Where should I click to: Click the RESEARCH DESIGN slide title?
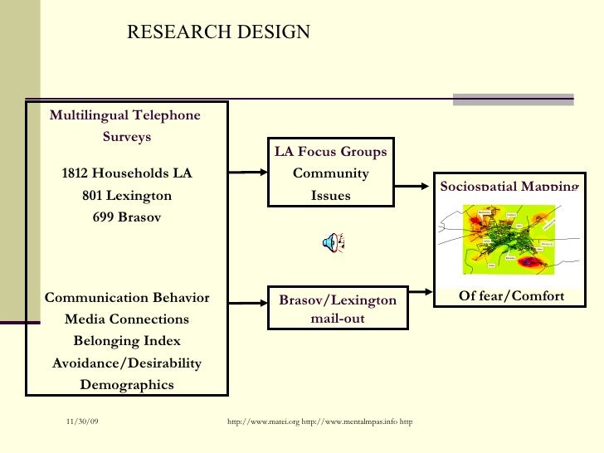point(218,32)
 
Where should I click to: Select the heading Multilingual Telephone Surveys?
point(125,125)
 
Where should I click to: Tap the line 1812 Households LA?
point(127,173)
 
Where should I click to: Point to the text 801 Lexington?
point(127,196)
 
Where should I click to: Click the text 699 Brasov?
point(127,217)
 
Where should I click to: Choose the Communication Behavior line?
point(127,298)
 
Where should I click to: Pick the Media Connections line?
point(127,319)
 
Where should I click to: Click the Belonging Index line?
point(127,341)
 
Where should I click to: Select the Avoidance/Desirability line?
point(127,363)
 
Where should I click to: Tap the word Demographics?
point(127,384)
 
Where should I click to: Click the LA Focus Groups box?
point(331,173)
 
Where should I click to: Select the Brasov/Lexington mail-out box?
point(337,308)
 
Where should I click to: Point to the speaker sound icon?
point(334,242)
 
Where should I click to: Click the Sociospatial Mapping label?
point(509,186)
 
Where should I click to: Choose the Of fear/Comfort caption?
point(511,296)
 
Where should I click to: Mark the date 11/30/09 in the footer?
point(82,423)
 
